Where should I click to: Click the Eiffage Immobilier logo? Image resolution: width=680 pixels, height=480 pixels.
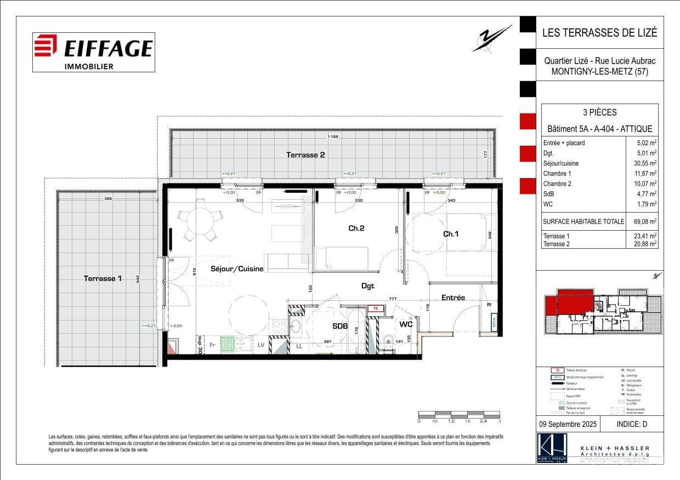(x=93, y=52)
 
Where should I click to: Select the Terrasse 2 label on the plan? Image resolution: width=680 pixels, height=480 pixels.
(x=305, y=155)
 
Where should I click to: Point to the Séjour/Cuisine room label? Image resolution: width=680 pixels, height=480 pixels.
(x=237, y=269)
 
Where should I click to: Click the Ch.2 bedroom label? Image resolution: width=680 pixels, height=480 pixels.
(x=356, y=228)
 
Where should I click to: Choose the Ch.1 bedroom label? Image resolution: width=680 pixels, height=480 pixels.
(x=451, y=234)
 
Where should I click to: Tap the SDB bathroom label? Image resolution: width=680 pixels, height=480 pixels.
(x=340, y=326)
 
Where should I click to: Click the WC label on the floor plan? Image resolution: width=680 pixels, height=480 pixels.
(x=406, y=324)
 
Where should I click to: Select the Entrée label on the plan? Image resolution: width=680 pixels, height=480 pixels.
(x=453, y=298)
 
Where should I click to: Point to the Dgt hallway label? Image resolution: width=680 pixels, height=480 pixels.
(x=367, y=285)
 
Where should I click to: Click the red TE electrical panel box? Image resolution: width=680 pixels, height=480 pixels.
(x=376, y=308)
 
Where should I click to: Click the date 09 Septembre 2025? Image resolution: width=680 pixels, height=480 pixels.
(x=568, y=424)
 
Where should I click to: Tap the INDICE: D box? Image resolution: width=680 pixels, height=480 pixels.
(x=632, y=424)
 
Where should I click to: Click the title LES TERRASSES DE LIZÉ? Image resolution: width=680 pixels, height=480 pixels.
(x=599, y=32)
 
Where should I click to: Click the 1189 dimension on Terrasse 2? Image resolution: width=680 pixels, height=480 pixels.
(x=332, y=136)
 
